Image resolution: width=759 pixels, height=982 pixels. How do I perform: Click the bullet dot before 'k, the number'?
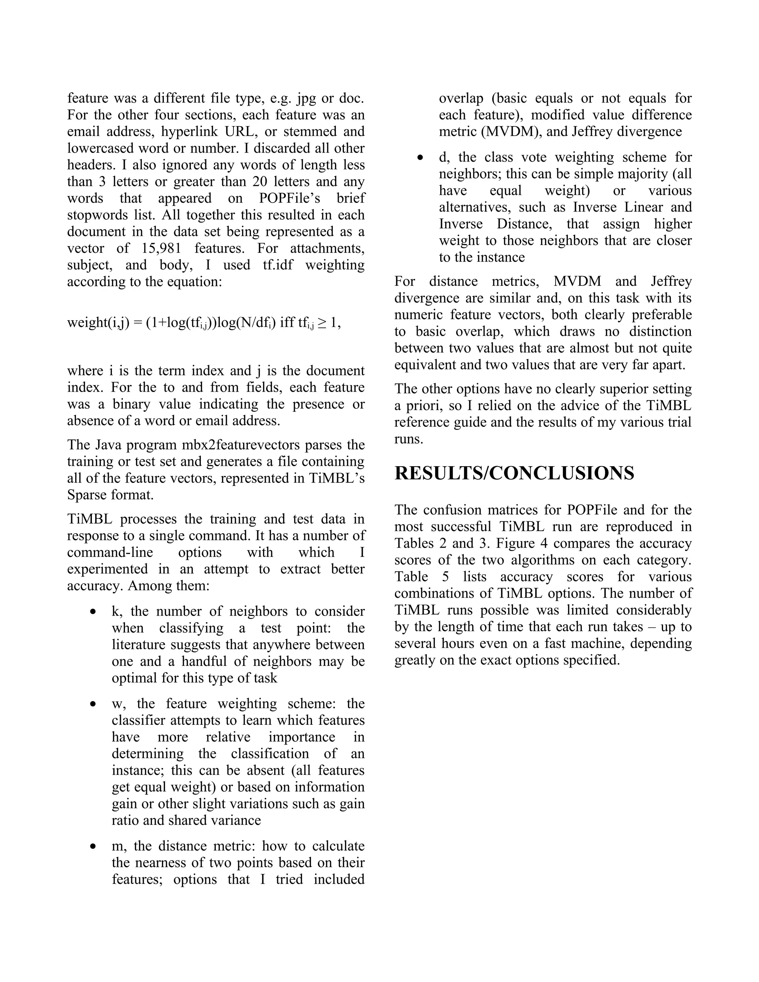point(93,612)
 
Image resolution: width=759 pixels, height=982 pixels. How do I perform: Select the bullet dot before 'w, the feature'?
point(93,704)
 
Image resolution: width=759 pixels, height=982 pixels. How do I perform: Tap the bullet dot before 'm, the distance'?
point(93,847)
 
